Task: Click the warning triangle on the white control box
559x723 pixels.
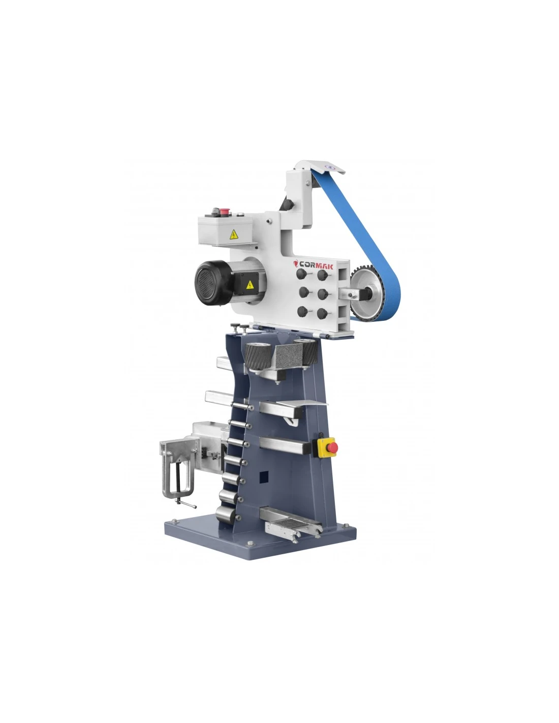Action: point(234,234)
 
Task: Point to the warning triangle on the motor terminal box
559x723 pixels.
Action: point(250,285)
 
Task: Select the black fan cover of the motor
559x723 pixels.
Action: point(213,283)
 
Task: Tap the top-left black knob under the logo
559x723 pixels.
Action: point(301,274)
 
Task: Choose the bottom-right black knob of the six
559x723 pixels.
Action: point(322,313)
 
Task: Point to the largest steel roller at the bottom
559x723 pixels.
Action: point(226,515)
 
